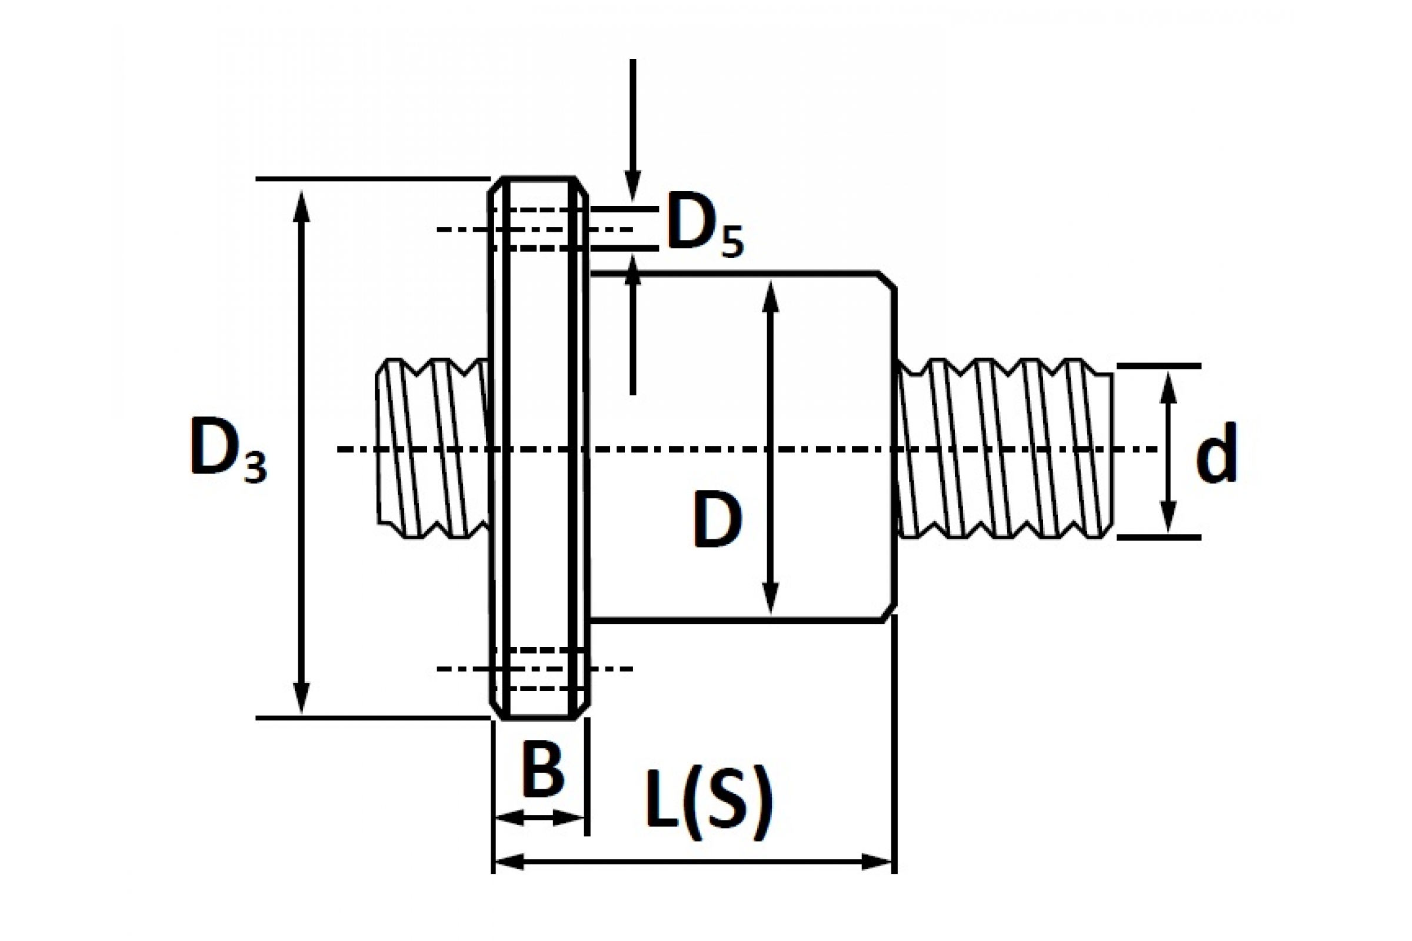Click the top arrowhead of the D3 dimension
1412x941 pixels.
pyautogui.click(x=302, y=206)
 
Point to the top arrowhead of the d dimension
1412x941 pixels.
pyautogui.click(x=1167, y=389)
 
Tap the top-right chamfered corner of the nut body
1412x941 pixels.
pyautogui.click(x=888, y=281)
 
